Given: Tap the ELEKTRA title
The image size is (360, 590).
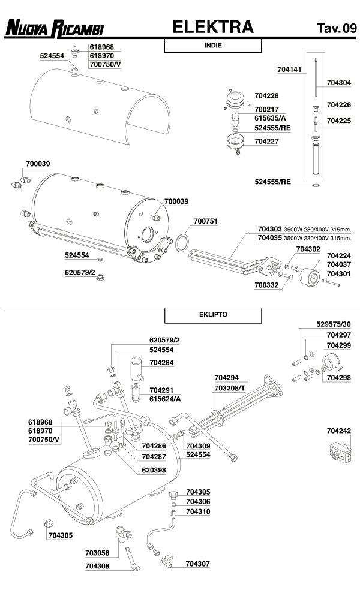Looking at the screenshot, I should pyautogui.click(x=213, y=27).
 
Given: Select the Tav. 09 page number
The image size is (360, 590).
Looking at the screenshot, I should pyautogui.click(x=337, y=28).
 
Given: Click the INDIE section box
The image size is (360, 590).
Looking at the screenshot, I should pyautogui.click(x=213, y=46).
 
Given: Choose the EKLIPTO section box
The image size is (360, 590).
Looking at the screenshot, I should pyautogui.click(x=213, y=314).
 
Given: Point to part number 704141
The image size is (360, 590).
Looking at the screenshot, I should pyautogui.click(x=289, y=70).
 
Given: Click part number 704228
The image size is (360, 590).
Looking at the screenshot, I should pyautogui.click(x=266, y=95).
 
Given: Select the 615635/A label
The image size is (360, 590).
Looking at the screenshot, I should pyautogui.click(x=269, y=118).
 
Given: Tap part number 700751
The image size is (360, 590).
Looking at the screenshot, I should pyautogui.click(x=205, y=221).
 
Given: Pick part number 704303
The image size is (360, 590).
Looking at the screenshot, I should pyautogui.click(x=269, y=229).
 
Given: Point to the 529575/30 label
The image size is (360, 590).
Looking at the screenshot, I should pyautogui.click(x=333, y=324).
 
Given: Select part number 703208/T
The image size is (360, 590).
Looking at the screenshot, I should pyautogui.click(x=229, y=388).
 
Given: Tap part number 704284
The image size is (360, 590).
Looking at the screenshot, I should pyautogui.click(x=162, y=362).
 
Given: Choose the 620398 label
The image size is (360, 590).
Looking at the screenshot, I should pyautogui.click(x=153, y=470).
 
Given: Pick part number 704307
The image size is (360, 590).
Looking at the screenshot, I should pyautogui.click(x=197, y=564).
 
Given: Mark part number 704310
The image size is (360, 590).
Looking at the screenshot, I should pyautogui.click(x=198, y=511).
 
